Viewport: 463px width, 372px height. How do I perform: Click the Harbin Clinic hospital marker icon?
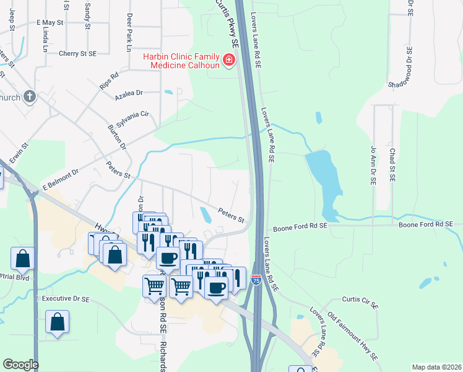(x=229, y=60)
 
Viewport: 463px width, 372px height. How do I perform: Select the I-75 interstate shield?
(x=256, y=281)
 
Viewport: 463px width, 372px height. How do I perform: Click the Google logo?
(x=20, y=365)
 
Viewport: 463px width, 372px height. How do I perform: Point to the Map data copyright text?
(x=436, y=367)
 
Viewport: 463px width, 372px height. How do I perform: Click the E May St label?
(x=50, y=22)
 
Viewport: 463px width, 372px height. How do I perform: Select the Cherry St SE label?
(x=77, y=54)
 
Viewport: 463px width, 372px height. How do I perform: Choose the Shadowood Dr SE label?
(x=409, y=69)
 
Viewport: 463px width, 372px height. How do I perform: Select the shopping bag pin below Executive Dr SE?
(x=57, y=322)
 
